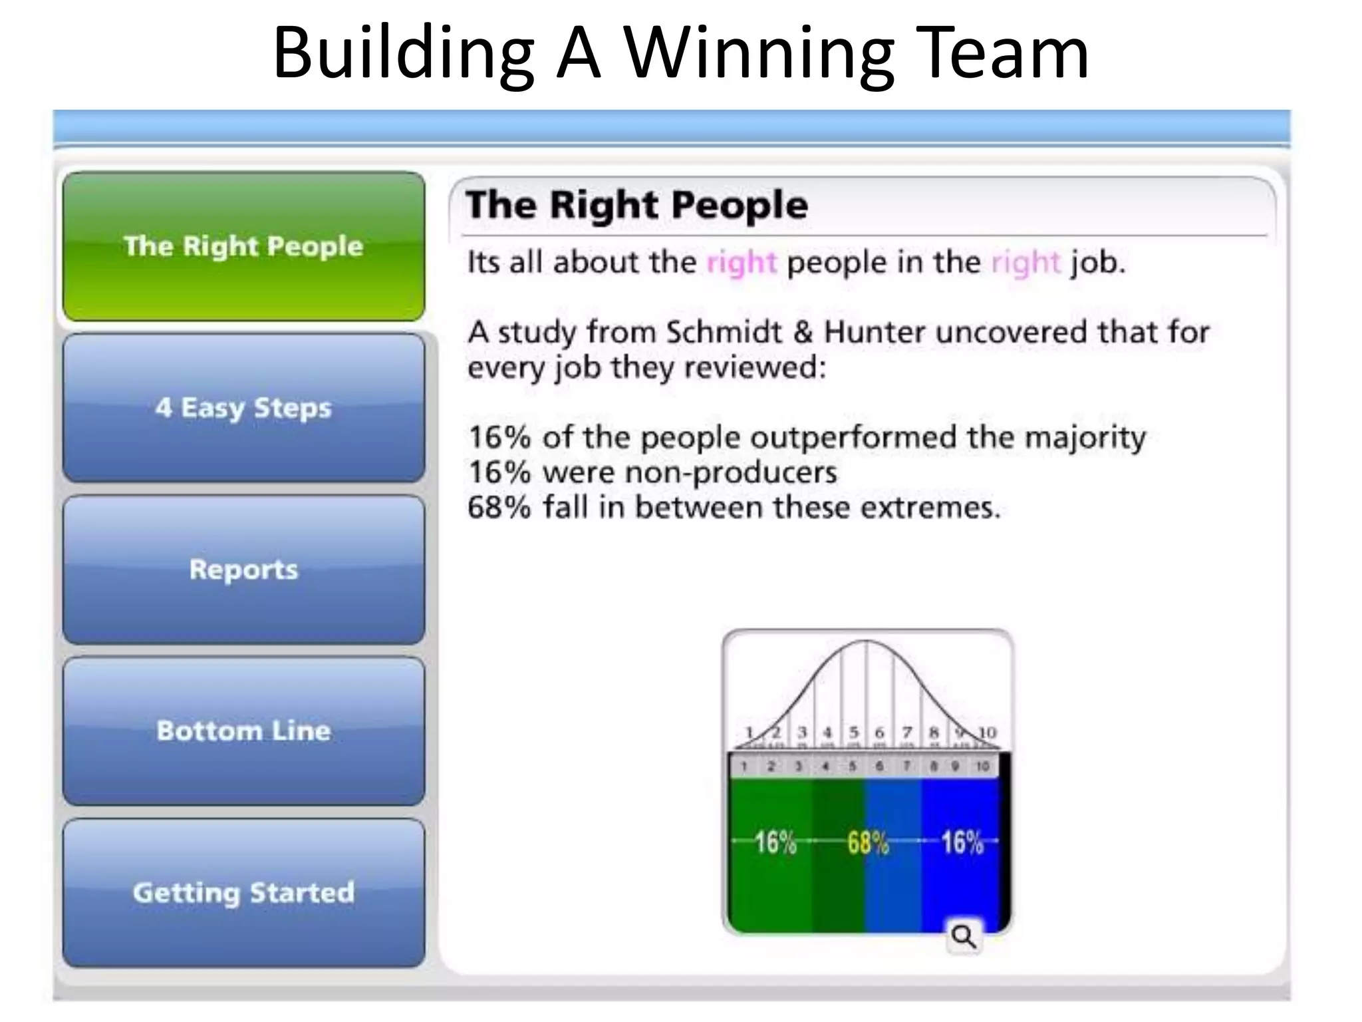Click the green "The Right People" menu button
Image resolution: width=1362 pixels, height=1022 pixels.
243,246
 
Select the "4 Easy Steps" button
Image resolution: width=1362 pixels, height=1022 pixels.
243,408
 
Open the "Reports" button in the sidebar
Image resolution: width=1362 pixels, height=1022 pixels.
243,570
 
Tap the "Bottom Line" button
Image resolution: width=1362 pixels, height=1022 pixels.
243,731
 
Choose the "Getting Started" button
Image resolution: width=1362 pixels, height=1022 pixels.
243,892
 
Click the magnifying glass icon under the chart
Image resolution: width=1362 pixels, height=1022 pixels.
964,937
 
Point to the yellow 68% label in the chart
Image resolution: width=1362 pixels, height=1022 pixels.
868,842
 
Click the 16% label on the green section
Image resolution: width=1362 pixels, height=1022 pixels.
775,842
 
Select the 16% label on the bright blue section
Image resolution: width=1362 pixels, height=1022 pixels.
962,842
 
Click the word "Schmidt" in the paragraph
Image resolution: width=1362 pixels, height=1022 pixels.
724,332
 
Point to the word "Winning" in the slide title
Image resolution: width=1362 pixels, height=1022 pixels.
759,53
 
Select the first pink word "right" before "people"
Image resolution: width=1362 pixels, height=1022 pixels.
741,263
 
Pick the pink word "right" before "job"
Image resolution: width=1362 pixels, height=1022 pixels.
1025,263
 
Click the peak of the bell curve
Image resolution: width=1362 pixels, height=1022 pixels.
866,641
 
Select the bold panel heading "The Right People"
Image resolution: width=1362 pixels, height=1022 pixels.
636,204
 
